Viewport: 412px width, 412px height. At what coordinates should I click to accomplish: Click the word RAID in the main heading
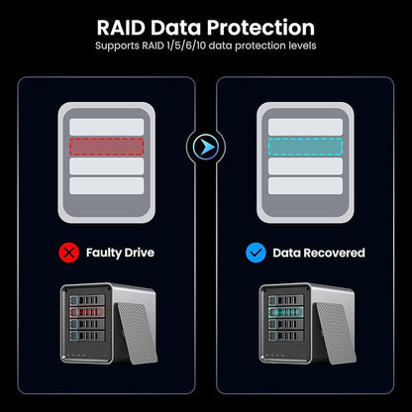coord(121,28)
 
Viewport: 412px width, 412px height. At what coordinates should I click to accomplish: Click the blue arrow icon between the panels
coord(206,147)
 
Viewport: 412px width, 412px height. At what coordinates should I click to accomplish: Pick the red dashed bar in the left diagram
coord(107,147)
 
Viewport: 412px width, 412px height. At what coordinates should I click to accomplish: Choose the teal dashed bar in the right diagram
coord(305,147)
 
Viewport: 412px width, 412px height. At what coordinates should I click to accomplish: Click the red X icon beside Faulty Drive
coord(68,253)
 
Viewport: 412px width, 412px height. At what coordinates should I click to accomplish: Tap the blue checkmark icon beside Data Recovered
coord(256,253)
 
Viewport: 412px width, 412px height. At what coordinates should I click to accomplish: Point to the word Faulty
coord(104,254)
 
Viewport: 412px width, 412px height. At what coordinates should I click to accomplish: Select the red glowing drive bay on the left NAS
coord(87,312)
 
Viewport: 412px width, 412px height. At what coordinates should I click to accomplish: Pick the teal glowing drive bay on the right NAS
coord(286,312)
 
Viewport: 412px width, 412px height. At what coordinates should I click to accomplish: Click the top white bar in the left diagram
coord(107,127)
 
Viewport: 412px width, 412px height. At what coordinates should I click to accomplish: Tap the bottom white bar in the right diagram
coord(305,186)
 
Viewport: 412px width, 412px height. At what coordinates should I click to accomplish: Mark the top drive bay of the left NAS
coord(87,300)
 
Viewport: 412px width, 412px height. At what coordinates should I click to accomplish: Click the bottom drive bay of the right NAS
coord(286,336)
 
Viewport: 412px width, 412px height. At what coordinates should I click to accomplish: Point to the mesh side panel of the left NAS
coord(136,333)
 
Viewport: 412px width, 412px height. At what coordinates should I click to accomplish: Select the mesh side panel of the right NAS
coord(335,333)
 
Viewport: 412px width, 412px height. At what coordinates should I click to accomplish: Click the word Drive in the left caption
coord(140,253)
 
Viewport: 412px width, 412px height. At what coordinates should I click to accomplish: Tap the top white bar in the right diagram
coord(305,127)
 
